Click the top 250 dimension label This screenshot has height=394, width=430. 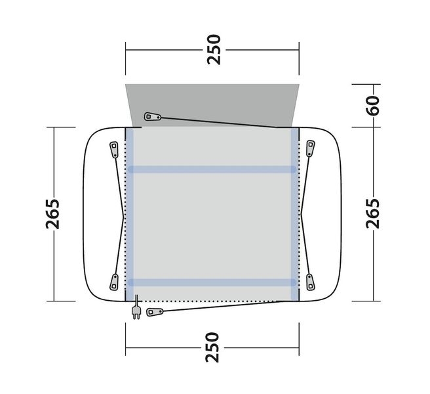[x=214, y=50]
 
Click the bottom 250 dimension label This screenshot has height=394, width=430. [x=213, y=347]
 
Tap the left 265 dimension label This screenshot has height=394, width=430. [x=52, y=214]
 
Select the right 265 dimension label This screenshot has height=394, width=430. [x=373, y=213]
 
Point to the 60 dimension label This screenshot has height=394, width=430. [x=373, y=106]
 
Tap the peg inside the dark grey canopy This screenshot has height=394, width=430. [x=153, y=116]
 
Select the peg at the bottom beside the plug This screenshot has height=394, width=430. [x=155, y=312]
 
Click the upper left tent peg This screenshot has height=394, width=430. [x=114, y=150]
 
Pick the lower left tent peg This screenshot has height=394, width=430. [x=114, y=282]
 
